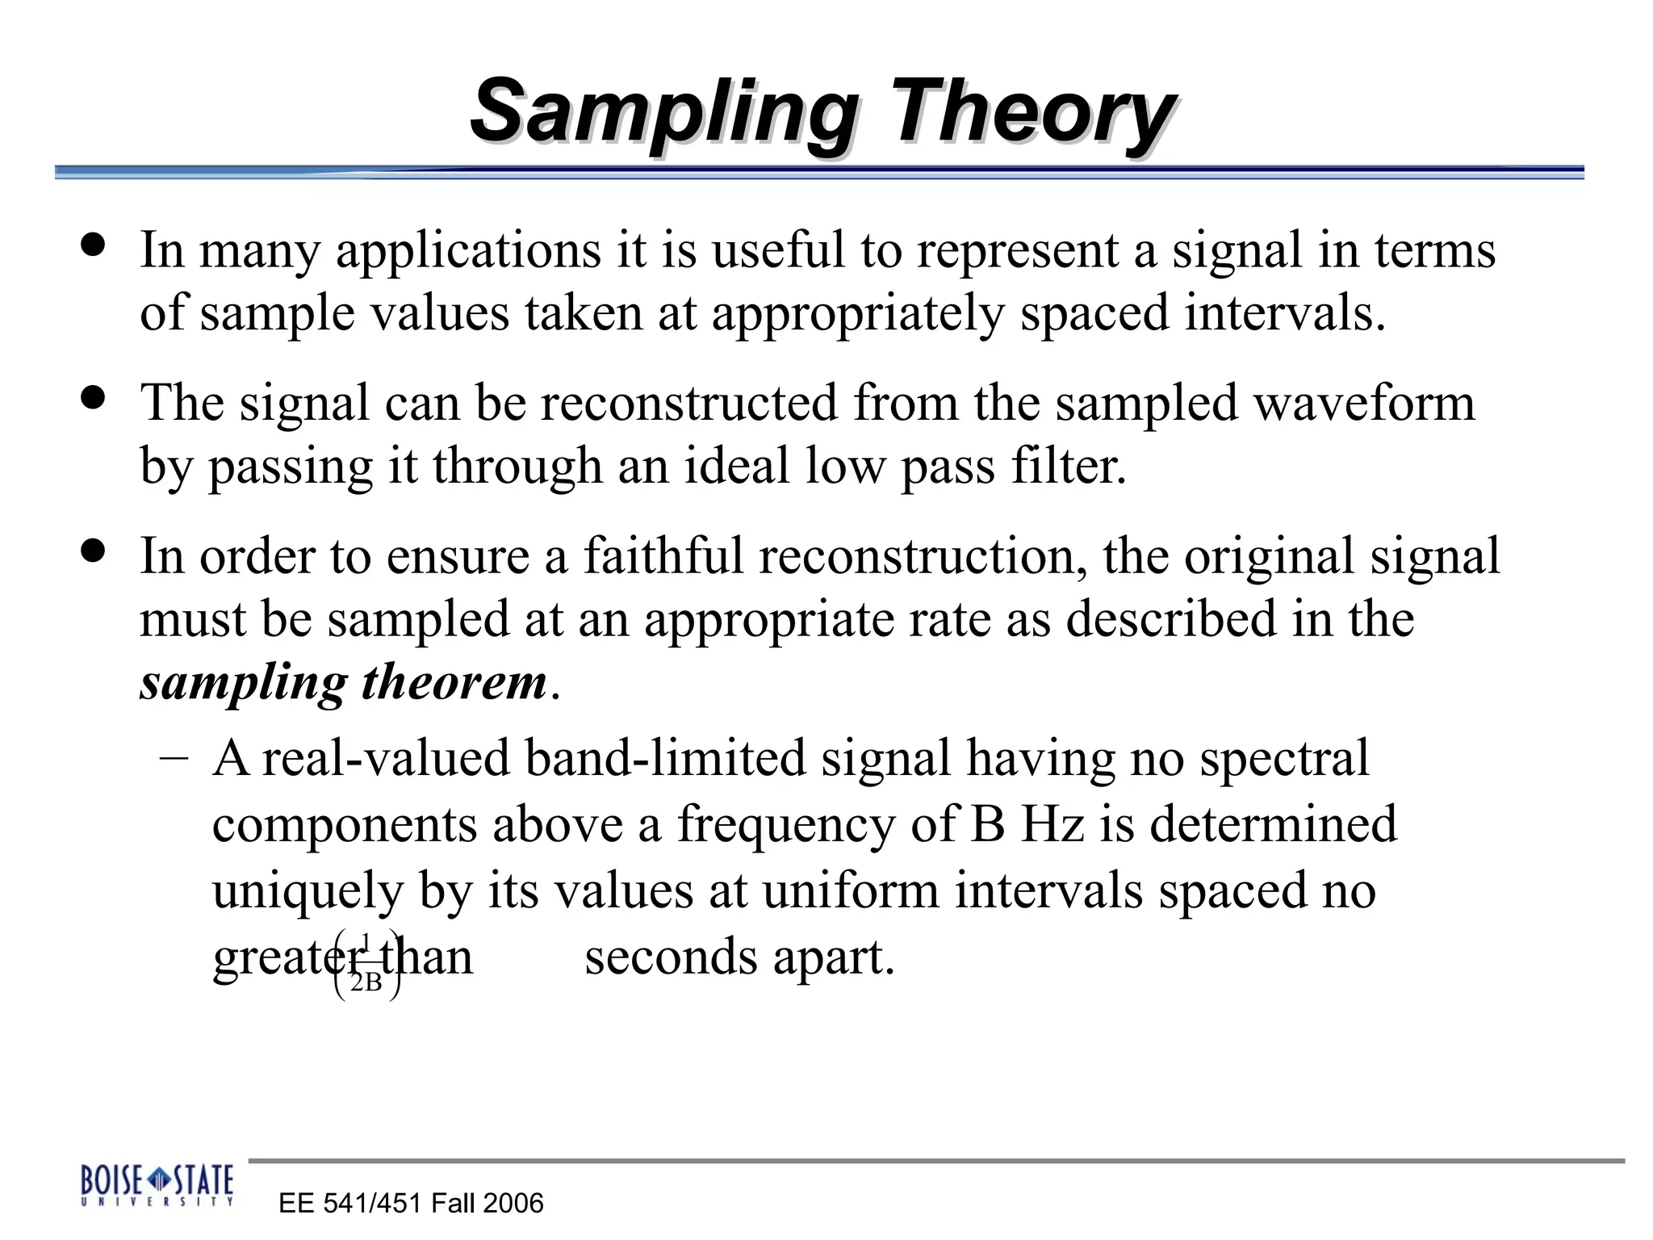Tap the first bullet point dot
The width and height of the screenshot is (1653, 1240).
(94, 245)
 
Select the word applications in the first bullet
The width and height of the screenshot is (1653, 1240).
(468, 250)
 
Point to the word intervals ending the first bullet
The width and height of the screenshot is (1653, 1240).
(1283, 313)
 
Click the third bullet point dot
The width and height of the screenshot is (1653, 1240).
(94, 551)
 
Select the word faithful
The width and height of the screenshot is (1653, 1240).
(663, 556)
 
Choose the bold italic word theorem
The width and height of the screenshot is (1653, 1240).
(454, 682)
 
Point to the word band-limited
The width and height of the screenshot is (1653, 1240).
(665, 759)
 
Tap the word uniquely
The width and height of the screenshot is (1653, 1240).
(308, 892)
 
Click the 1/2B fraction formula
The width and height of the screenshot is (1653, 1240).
(366, 965)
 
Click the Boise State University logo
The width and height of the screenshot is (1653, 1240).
(157, 1185)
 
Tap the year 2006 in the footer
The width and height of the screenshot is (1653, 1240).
(513, 1204)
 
